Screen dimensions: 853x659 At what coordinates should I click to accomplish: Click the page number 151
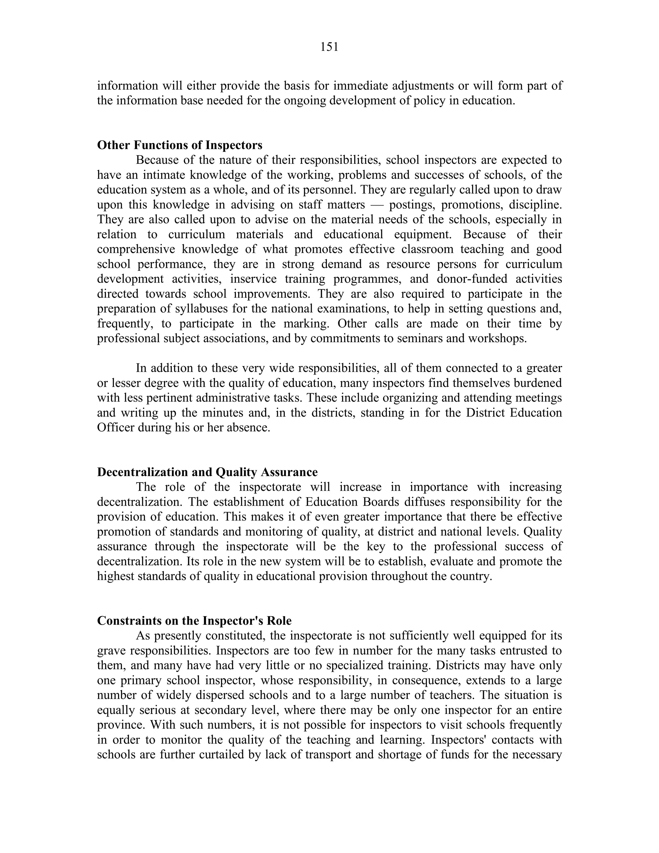329,47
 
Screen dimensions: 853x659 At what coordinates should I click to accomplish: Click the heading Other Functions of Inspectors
180,145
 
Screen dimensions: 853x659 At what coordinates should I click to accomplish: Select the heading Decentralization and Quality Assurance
207,472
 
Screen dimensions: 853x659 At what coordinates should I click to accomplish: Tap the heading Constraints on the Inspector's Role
194,621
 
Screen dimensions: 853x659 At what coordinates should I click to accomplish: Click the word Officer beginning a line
116,427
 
